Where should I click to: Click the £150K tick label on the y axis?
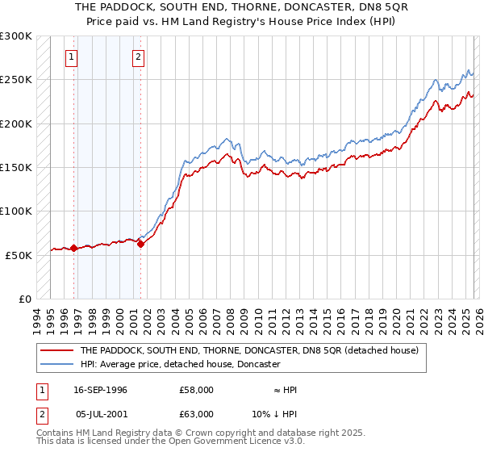click(x=16, y=168)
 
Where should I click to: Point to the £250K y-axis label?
click(x=16, y=81)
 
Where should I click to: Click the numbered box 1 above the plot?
click(x=73, y=56)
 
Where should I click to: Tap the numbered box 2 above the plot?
click(x=139, y=56)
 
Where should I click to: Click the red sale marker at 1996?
click(x=73, y=248)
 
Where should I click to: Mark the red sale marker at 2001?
click(x=140, y=244)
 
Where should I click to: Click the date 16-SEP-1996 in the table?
click(x=100, y=390)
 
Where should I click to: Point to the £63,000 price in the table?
click(x=197, y=414)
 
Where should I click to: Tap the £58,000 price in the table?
click(x=197, y=390)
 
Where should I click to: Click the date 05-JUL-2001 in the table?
click(x=101, y=414)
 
